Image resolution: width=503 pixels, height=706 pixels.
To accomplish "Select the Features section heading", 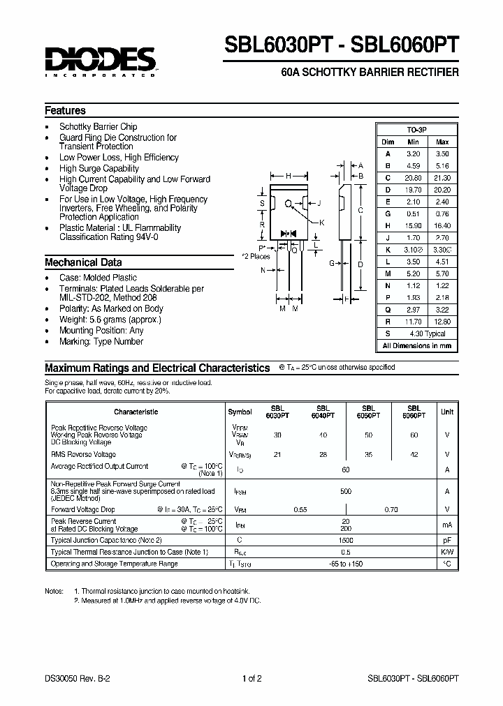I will (65, 110).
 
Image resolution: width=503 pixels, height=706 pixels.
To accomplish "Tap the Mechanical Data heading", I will (83, 262).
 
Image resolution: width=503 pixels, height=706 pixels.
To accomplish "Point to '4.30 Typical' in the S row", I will (427, 334).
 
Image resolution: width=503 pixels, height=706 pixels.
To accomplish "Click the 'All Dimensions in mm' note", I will (416, 346).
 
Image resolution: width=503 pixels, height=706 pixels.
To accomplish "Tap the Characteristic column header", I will (136, 412).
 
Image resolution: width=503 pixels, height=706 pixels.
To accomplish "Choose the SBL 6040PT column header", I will (323, 412).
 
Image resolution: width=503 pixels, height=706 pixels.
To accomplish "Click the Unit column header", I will (447, 412).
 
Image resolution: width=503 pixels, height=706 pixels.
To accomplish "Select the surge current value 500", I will (345, 491).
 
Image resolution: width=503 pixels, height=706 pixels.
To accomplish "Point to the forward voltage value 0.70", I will (392, 509).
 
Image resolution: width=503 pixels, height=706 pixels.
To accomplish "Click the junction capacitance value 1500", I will (345, 541).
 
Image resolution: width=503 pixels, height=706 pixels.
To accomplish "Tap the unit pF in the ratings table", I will (447, 541).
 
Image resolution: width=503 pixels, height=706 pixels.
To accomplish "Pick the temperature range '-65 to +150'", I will (345, 563).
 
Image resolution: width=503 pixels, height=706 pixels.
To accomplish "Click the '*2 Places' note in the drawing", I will (256, 256).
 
